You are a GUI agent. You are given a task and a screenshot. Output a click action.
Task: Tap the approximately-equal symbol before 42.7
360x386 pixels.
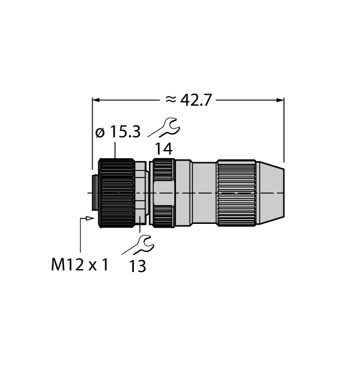(171, 100)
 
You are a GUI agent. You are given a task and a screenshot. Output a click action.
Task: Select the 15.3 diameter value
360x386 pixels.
(125, 133)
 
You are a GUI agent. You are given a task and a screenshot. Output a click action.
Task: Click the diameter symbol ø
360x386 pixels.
(99, 133)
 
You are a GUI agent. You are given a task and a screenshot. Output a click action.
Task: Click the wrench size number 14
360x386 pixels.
(163, 148)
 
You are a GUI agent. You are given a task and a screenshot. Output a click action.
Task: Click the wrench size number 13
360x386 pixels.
(138, 266)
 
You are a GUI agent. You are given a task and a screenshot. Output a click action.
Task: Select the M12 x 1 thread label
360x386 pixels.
(79, 265)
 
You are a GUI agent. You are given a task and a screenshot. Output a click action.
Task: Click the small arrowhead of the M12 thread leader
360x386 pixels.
(89, 219)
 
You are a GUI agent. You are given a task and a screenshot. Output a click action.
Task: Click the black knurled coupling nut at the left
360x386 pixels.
(116, 193)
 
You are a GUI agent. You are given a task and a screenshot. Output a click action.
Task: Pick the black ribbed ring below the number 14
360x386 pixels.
(163, 193)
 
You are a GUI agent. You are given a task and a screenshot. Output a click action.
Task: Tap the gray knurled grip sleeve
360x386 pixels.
(236, 193)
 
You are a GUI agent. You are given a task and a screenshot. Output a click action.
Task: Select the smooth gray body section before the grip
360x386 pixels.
(204, 193)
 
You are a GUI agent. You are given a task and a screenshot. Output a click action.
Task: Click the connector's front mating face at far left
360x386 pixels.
(94, 193)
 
